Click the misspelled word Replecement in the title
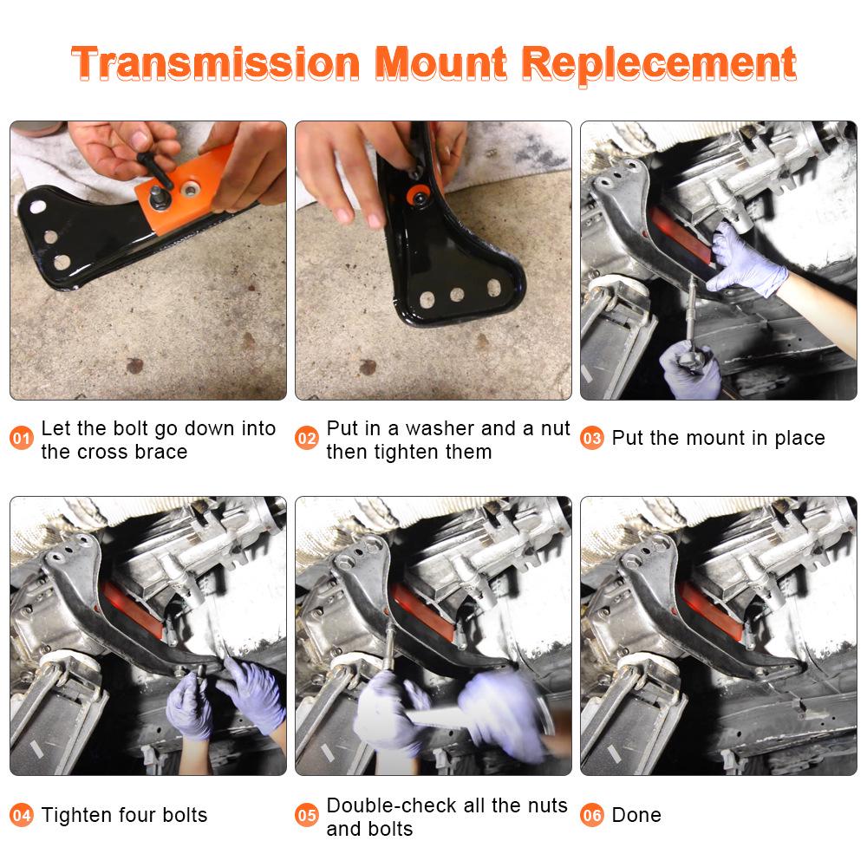(x=661, y=63)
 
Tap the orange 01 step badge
(x=22, y=439)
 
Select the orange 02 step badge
(x=307, y=439)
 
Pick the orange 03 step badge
(x=592, y=439)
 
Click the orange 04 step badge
(x=22, y=816)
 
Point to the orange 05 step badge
(x=307, y=816)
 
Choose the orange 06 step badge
(x=592, y=816)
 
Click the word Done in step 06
(x=636, y=815)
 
